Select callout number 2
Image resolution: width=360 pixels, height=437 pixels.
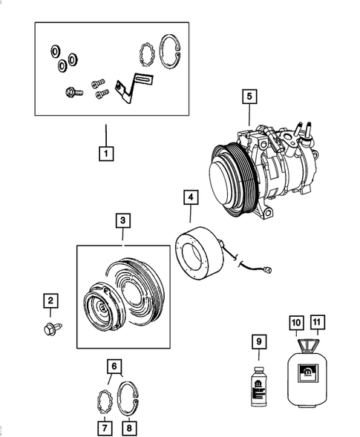pos(50,300)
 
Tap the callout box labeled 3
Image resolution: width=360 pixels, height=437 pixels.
pos(123,221)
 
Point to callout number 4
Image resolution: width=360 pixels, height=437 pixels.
pos(191,197)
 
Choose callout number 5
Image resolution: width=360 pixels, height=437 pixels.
pos(249,96)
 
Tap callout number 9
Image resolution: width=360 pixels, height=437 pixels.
pos(259,342)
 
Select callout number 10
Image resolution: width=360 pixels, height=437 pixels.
pos(295,323)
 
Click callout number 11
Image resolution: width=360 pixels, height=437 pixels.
pos(317,323)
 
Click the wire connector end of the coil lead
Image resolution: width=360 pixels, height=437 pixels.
pos(275,271)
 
